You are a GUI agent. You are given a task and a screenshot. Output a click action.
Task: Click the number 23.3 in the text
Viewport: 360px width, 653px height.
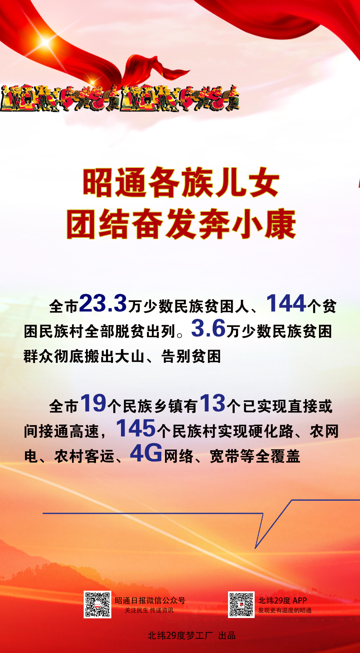pyautogui.click(x=103, y=303)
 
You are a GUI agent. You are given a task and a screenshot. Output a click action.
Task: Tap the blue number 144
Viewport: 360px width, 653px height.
pyautogui.click(x=286, y=303)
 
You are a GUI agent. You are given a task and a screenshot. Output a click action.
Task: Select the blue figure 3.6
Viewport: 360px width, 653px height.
pyautogui.click(x=209, y=328)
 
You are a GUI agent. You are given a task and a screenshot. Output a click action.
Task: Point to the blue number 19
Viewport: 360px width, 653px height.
pyautogui.click(x=93, y=403)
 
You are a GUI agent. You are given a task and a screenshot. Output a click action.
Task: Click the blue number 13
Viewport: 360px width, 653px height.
pyautogui.click(x=213, y=403)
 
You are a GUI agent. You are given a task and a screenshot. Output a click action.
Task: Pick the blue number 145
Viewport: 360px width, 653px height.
pyautogui.click(x=136, y=428)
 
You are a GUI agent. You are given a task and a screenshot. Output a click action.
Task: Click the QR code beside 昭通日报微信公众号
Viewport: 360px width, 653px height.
pyautogui.click(x=97, y=605)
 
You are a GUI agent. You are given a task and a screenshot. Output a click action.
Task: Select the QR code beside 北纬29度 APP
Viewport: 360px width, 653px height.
pyautogui.click(x=241, y=605)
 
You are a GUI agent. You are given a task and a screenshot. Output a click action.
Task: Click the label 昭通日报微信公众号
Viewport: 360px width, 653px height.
pyautogui.click(x=150, y=600)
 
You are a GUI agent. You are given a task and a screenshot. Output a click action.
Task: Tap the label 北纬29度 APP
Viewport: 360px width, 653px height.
pyautogui.click(x=283, y=600)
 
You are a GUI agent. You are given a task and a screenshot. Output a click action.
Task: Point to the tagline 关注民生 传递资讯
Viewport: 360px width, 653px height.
pyautogui.click(x=149, y=610)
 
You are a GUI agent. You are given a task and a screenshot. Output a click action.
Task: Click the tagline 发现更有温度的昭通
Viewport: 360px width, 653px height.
pyautogui.click(x=285, y=610)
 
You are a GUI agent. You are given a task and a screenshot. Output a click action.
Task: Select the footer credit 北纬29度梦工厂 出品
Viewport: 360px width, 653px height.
pyautogui.click(x=192, y=636)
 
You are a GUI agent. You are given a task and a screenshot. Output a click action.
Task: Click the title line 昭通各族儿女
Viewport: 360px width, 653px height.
pyautogui.click(x=181, y=183)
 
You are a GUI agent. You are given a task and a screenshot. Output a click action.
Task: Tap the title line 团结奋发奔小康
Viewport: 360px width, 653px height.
pyautogui.click(x=181, y=224)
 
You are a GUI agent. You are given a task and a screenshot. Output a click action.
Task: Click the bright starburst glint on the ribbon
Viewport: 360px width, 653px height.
pyautogui.click(x=45, y=42)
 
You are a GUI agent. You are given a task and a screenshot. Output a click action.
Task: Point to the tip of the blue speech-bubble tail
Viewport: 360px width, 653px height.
pyautogui.click(x=255, y=548)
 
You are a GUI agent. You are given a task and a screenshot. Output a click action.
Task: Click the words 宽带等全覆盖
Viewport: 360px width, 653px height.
pyautogui.click(x=255, y=456)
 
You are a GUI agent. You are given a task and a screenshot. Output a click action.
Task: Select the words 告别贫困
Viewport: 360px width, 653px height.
pyautogui.click(x=191, y=356)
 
